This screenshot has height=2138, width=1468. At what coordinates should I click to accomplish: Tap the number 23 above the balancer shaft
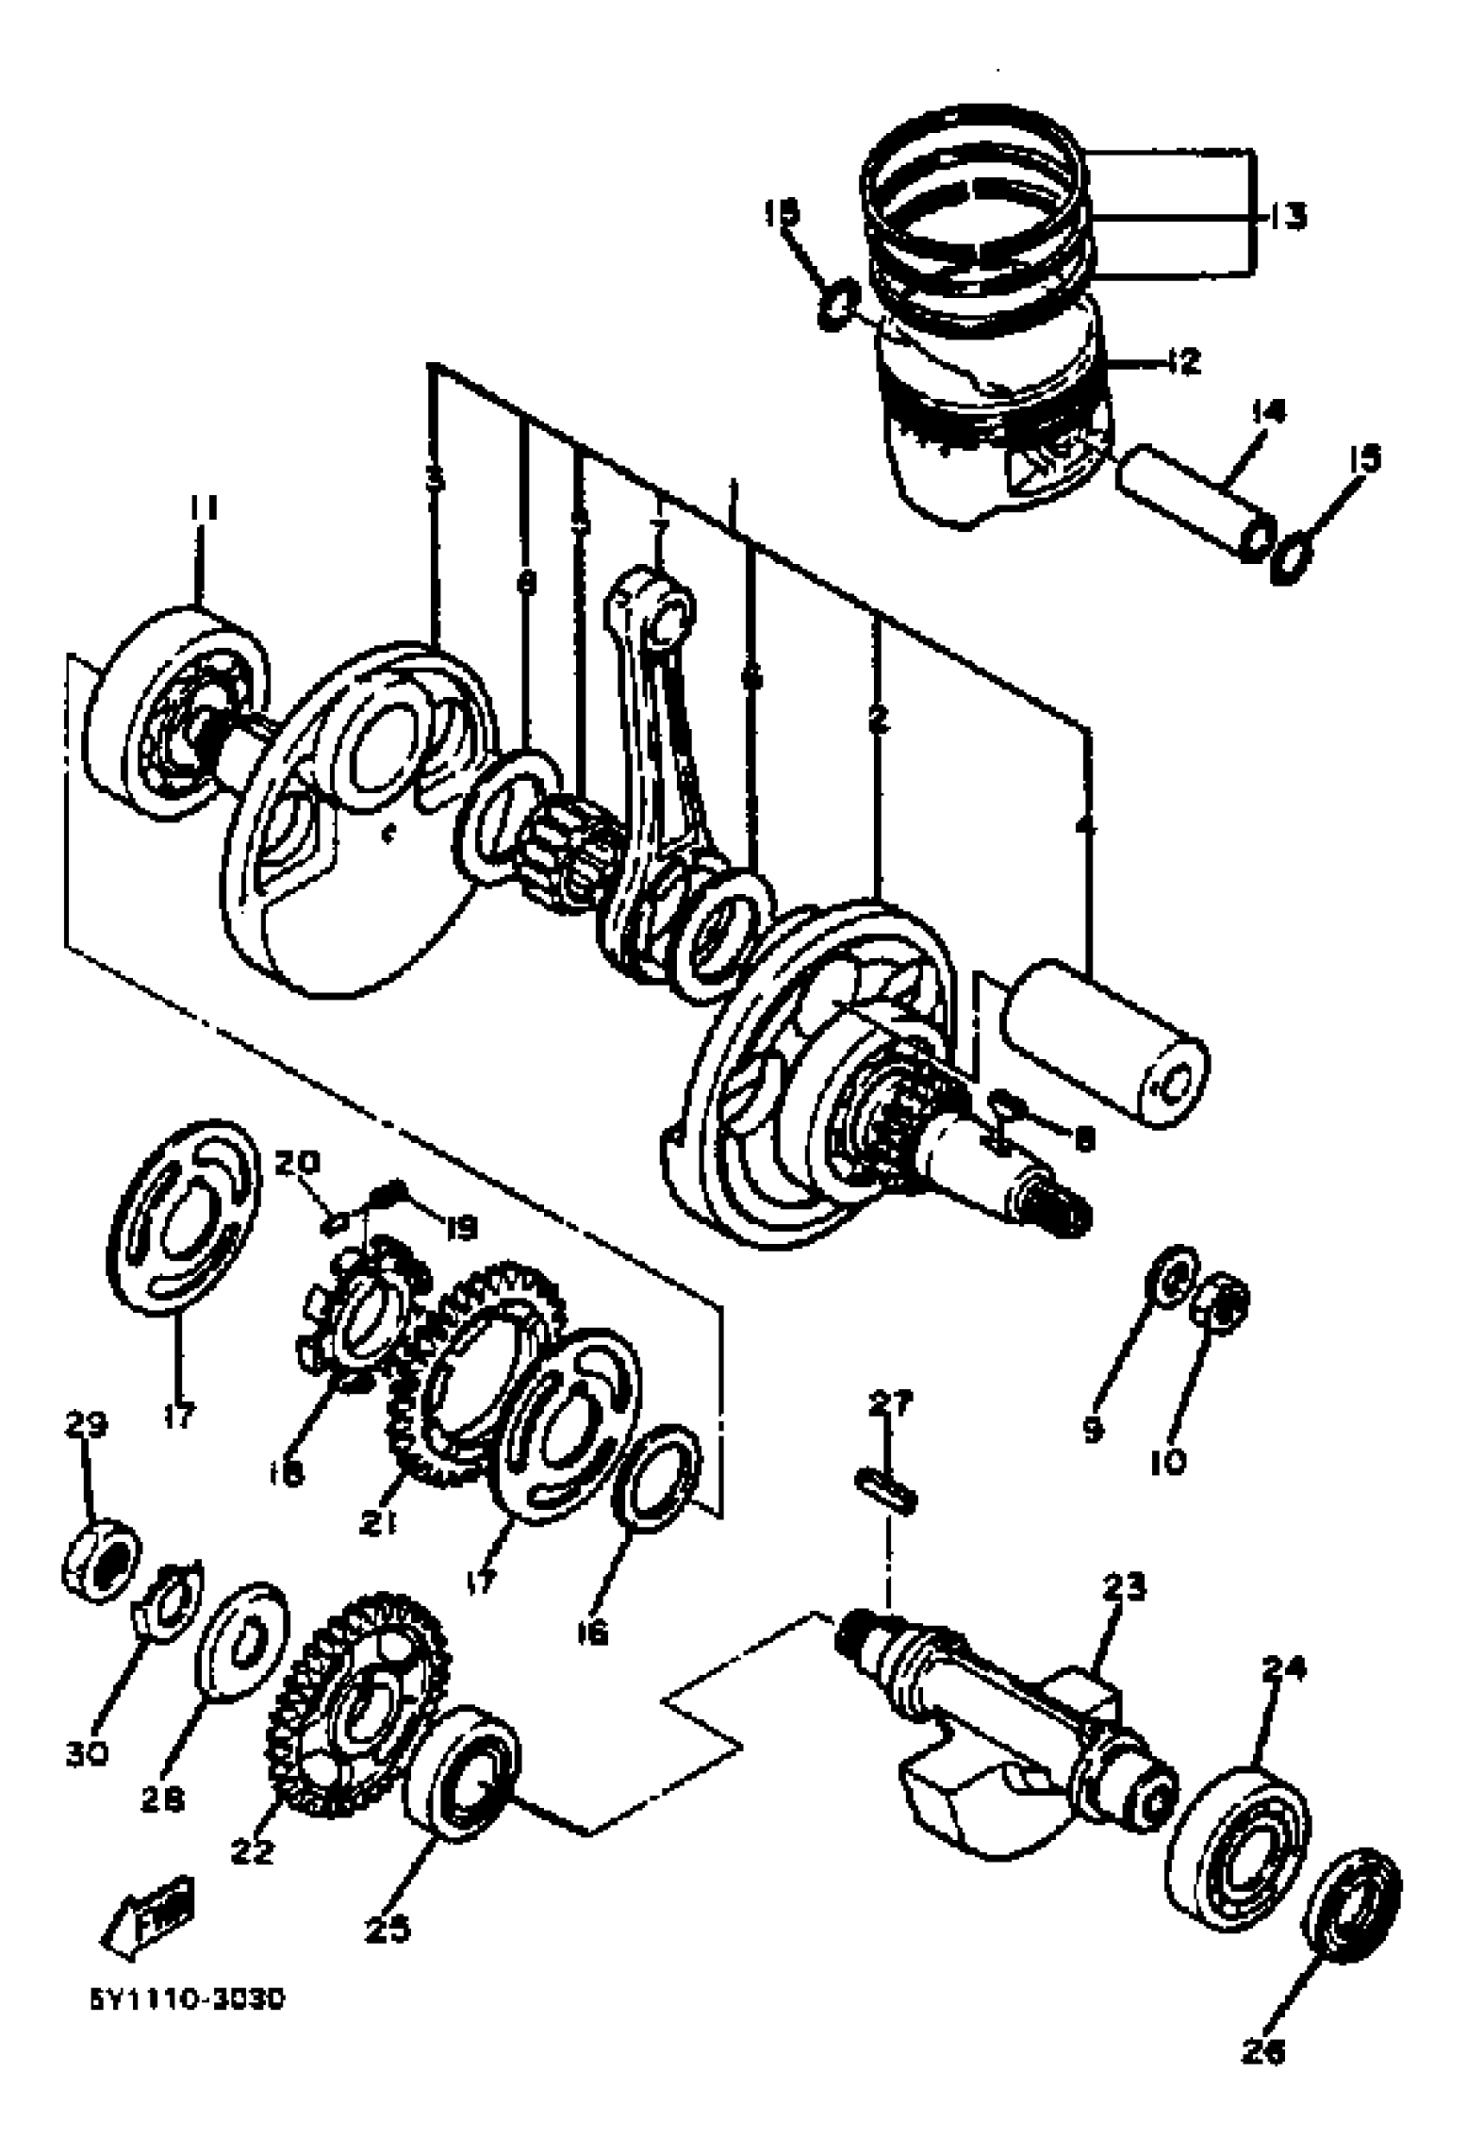[x=1123, y=1585]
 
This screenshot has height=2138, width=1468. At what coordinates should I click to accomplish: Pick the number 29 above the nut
[x=85, y=1424]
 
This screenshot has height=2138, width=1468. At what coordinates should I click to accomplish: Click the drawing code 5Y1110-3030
[x=187, y=1999]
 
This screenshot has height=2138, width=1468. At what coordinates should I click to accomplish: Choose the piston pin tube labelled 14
[x=1194, y=504]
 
